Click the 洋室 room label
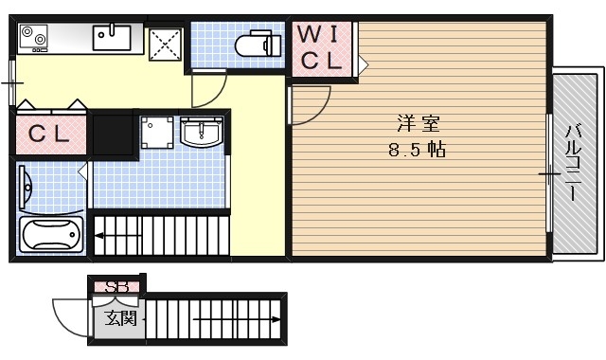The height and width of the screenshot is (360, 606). [418, 123]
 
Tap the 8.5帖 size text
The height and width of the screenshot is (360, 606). [418, 150]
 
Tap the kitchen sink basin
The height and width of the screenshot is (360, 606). [111, 38]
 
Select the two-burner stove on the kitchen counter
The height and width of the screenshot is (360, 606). [34, 38]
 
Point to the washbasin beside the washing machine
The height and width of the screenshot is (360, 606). [202, 133]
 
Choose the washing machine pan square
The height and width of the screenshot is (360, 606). [157, 134]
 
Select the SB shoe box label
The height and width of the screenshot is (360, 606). [116, 286]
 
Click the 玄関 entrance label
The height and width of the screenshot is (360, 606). [120, 316]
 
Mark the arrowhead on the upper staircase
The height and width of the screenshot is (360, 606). [98, 232]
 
